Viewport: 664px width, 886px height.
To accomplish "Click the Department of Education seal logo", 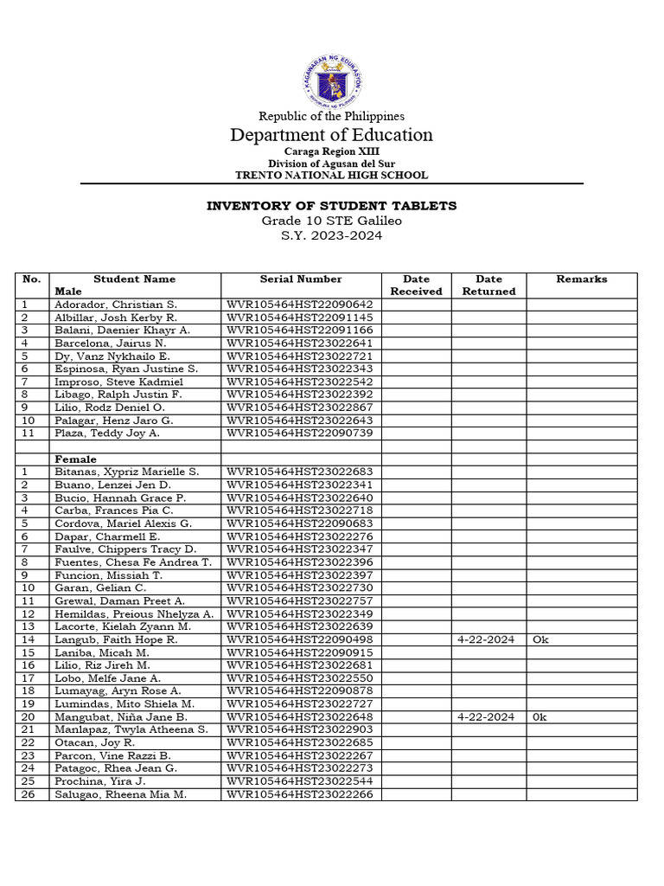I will point(332,80).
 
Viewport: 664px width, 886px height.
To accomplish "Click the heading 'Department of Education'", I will point(331,135).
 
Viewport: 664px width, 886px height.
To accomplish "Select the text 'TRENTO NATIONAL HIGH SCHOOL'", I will point(331,175).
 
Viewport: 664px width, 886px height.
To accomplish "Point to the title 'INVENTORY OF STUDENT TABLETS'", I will point(331,206).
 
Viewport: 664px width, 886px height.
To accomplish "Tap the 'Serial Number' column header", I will point(301,279).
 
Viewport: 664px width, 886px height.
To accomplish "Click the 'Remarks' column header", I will point(581,279).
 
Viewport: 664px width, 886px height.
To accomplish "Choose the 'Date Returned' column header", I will point(488,286).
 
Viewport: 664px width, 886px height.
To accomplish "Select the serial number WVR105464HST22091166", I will point(300,331).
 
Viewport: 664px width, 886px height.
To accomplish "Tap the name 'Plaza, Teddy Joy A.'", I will point(107,433).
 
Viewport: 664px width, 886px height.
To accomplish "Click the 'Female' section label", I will point(76,459).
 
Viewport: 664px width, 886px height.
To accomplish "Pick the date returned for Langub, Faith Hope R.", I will point(486,639).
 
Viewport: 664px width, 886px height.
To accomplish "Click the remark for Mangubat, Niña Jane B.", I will point(540,716).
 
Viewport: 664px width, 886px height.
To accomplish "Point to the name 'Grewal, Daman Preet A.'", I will point(119,600).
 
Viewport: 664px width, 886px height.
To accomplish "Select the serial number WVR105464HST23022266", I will point(300,794).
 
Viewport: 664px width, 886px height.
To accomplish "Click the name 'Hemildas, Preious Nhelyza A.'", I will point(133,613).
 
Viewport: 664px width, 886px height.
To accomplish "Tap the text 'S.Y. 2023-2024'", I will point(331,236).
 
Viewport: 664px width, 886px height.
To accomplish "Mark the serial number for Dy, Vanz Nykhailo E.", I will point(300,356).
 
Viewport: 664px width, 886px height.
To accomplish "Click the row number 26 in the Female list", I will point(28,794).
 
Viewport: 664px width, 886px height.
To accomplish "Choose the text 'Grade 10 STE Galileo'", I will point(331,221).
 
